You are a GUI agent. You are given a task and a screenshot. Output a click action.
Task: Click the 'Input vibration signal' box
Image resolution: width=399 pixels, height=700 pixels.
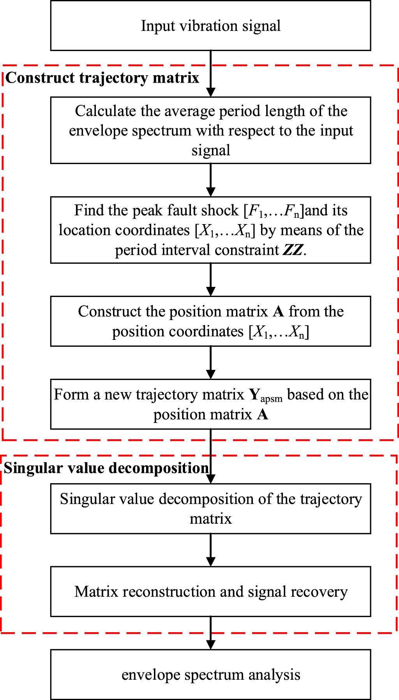pyautogui.click(x=210, y=26)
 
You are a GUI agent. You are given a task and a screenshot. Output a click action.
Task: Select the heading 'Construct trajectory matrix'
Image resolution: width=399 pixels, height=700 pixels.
pyautogui.click(x=102, y=78)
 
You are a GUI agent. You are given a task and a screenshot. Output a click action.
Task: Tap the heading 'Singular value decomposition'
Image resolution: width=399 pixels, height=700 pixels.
pyautogui.click(x=106, y=468)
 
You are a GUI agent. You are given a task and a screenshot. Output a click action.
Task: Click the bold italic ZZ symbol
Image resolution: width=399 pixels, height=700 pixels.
pyautogui.click(x=293, y=250)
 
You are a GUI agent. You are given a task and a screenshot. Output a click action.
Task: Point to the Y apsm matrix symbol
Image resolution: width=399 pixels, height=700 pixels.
pyautogui.click(x=265, y=395)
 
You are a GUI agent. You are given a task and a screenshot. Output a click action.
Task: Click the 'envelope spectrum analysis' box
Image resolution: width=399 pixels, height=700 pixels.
pyautogui.click(x=210, y=675)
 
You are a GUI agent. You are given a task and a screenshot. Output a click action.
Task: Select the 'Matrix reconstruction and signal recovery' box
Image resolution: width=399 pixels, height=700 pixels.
pyautogui.click(x=210, y=592)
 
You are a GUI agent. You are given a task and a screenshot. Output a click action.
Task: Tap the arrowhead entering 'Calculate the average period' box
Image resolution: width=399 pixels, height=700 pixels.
pyautogui.click(x=210, y=92)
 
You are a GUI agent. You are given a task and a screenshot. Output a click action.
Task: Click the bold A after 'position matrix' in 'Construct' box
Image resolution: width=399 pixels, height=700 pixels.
pyautogui.click(x=278, y=312)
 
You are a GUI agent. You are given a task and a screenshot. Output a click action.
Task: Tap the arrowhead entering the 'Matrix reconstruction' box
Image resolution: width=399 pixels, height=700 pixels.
pyautogui.click(x=210, y=562)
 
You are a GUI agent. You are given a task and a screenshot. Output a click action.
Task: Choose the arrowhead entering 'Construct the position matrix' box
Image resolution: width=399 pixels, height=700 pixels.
pyautogui.click(x=210, y=292)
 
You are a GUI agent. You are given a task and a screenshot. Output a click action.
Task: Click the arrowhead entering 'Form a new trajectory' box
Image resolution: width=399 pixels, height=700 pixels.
pyautogui.click(x=210, y=375)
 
